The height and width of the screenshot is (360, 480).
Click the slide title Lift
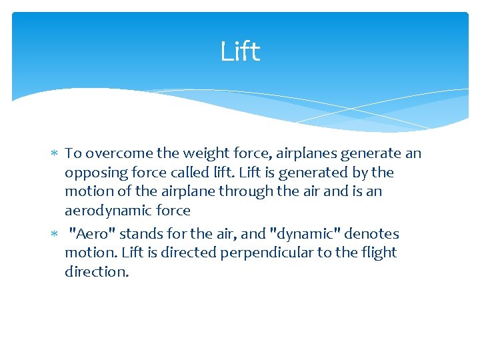click(x=240, y=51)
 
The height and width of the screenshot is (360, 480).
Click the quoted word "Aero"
click(x=91, y=233)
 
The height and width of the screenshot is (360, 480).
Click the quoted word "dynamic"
click(x=300, y=233)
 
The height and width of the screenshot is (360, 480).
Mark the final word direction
click(x=97, y=272)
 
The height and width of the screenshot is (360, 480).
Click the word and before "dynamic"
click(x=253, y=233)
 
